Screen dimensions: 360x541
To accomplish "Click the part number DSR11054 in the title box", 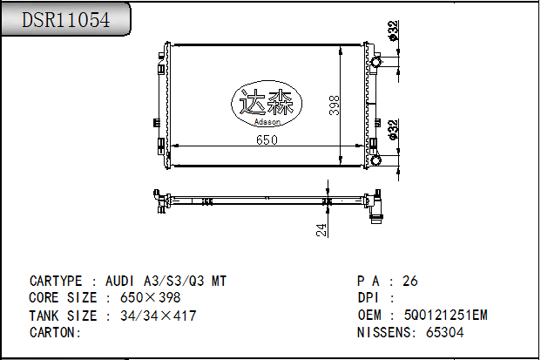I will click(66, 20).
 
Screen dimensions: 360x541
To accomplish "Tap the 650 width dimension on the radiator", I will click(267, 139).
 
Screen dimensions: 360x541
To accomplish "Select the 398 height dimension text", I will click(335, 105).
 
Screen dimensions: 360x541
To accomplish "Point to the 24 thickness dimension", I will click(321, 229).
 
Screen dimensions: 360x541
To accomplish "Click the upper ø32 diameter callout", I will click(393, 31).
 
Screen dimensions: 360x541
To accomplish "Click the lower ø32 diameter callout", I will click(393, 129).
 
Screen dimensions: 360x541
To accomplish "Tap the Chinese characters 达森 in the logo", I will click(267, 102).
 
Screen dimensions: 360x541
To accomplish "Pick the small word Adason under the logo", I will click(267, 123).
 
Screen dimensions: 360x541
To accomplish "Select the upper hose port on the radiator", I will click(376, 63).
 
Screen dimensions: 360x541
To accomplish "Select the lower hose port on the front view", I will click(376, 159).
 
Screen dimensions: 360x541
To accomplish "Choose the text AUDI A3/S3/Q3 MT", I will click(166, 282).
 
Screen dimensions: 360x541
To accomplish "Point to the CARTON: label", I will click(55, 332).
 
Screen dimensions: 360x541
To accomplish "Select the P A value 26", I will click(409, 282).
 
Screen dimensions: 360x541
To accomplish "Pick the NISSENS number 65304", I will click(445, 332).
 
